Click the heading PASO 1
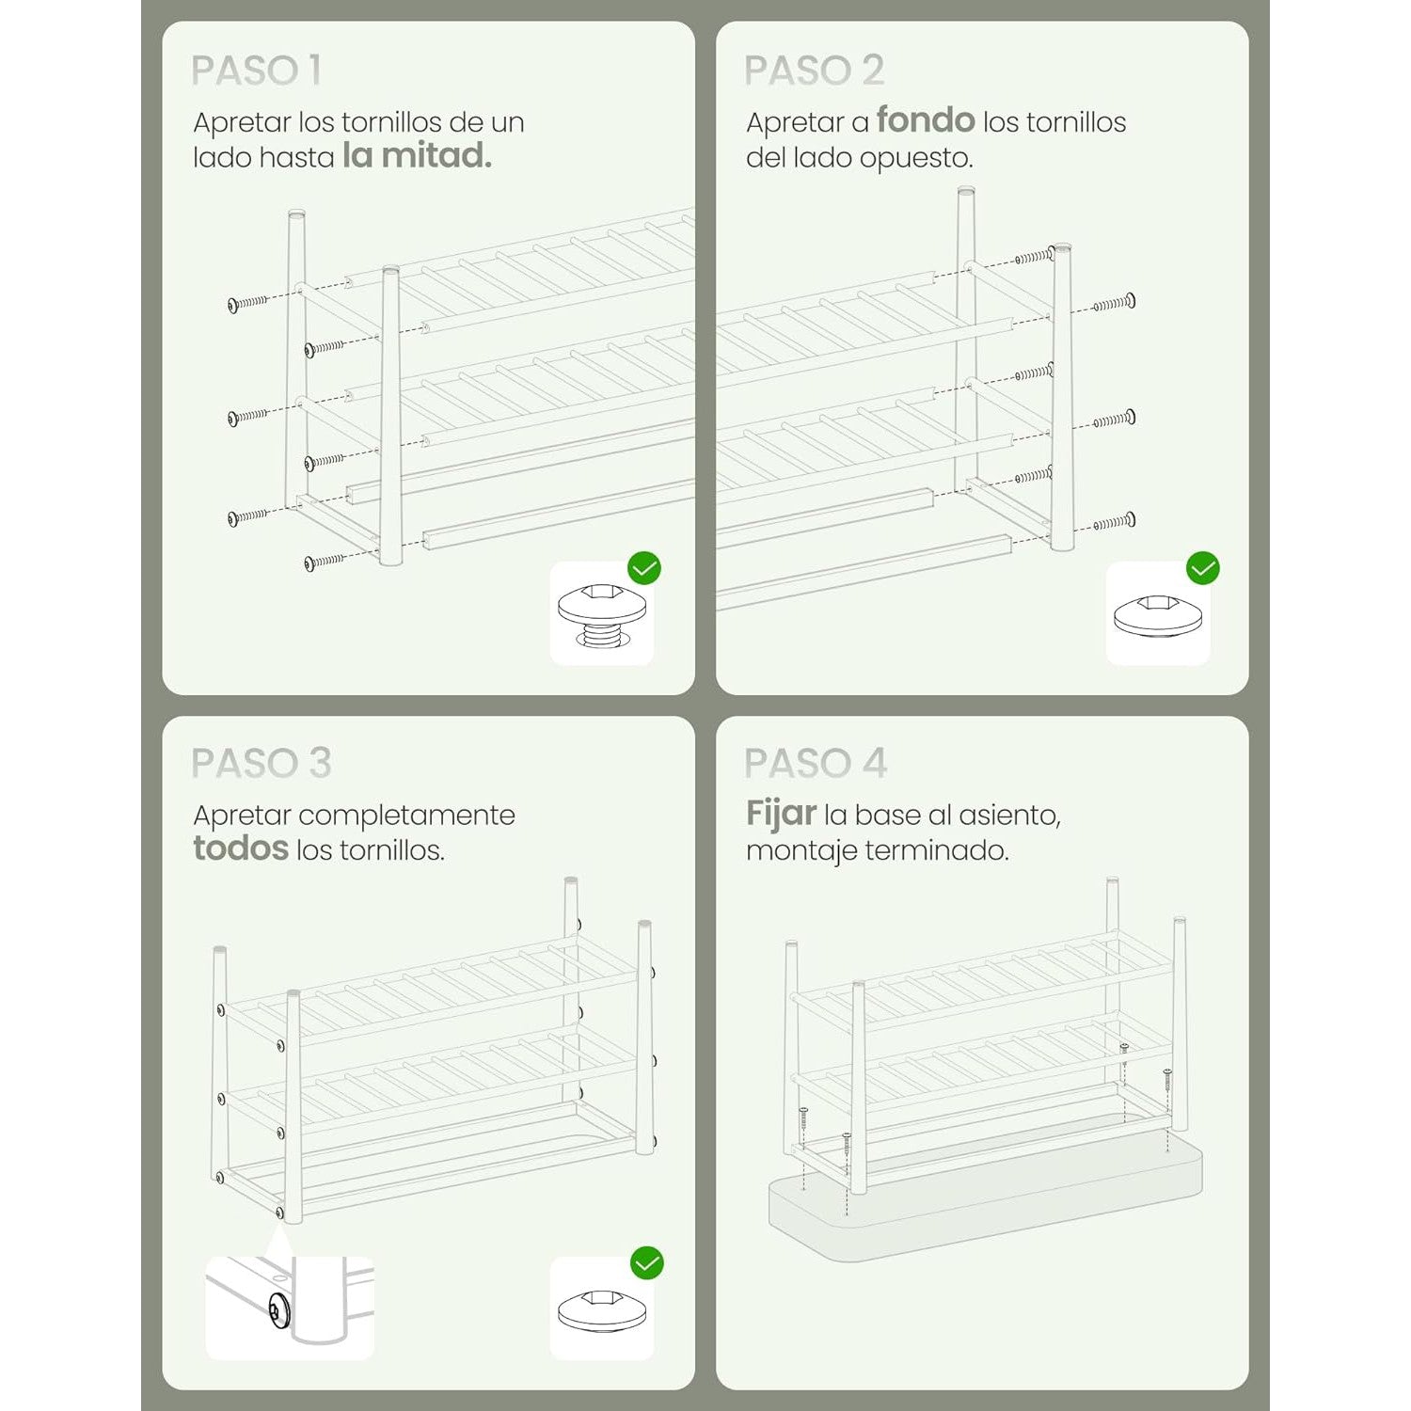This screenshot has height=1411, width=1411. pyautogui.click(x=256, y=71)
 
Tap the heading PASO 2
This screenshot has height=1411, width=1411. pyautogui.click(x=814, y=71)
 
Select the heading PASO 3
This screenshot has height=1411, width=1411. pyautogui.click(x=261, y=763)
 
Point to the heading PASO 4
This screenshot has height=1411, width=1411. pyautogui.click(x=815, y=763)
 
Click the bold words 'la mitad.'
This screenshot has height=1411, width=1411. pyautogui.click(x=417, y=155)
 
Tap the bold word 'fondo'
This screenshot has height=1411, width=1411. pyautogui.click(x=926, y=120)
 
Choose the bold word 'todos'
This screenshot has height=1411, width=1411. pyautogui.click(x=241, y=848)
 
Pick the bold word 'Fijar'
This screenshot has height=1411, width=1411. pyautogui.click(x=781, y=814)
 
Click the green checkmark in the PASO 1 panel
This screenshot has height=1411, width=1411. pyautogui.click(x=644, y=568)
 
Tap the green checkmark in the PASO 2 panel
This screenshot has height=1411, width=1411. pyautogui.click(x=1203, y=568)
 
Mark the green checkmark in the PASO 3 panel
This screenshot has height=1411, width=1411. pyautogui.click(x=647, y=1262)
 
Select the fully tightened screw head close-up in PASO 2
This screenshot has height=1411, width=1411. pyautogui.click(x=1158, y=617)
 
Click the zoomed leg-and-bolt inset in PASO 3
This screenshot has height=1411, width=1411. pyautogui.click(x=290, y=1308)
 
